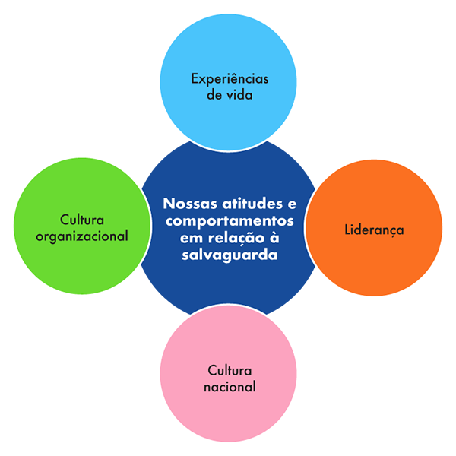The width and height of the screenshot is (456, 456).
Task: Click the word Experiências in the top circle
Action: [230, 78]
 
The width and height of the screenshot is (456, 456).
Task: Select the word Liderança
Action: [374, 229]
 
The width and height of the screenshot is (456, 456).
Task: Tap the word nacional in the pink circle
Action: [230, 387]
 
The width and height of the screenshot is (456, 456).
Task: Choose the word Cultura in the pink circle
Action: [230, 370]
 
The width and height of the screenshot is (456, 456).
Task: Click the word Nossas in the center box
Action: [189, 205]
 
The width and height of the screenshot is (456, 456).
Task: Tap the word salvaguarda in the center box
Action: [230, 255]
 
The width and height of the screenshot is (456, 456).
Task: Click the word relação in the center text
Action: [239, 239]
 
